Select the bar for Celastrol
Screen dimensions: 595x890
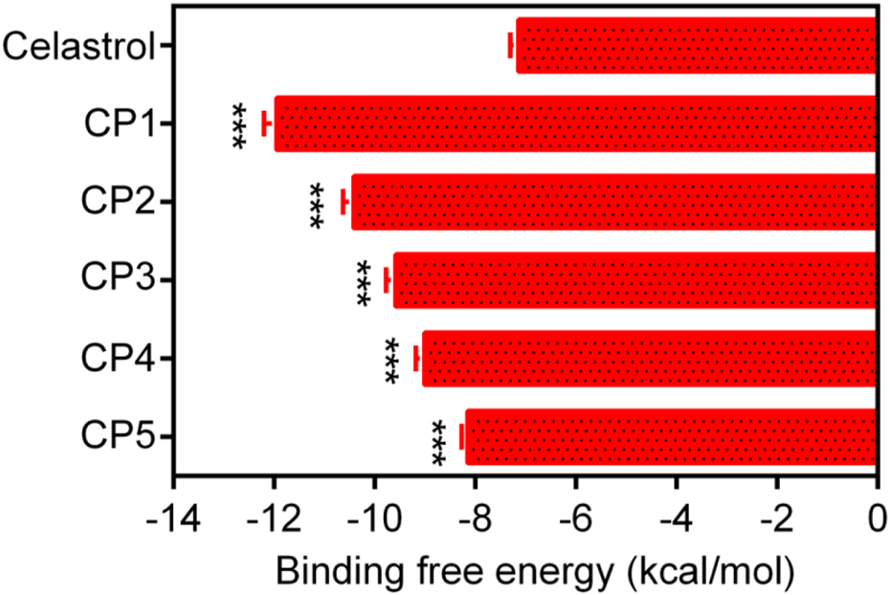(696, 45)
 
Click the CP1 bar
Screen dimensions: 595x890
(575, 123)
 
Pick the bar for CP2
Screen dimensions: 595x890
(613, 202)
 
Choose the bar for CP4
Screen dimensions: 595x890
(649, 359)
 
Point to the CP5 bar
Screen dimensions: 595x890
(671, 437)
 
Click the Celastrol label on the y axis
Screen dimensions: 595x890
(78, 45)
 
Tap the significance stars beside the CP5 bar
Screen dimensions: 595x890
(439, 441)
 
